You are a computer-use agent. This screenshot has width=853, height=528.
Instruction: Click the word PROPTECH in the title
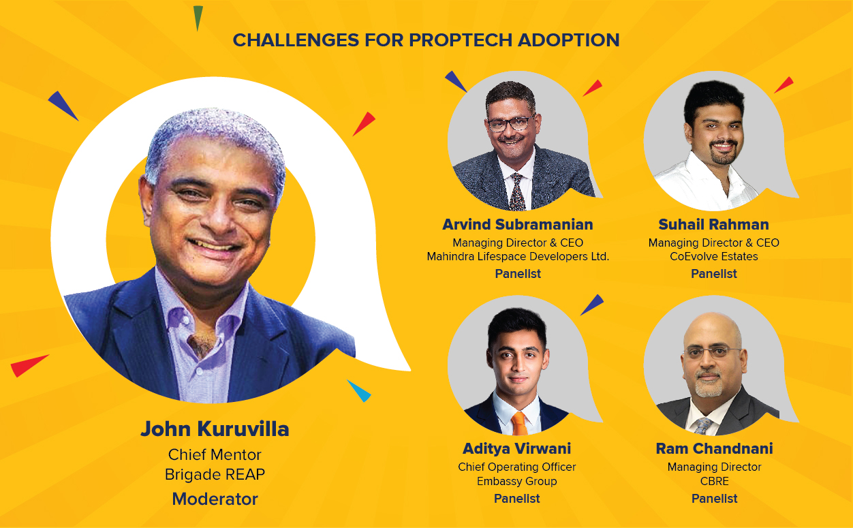(x=460, y=40)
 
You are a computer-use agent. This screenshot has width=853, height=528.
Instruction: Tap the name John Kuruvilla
(x=215, y=429)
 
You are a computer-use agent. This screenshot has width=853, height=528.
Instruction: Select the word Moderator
(x=215, y=499)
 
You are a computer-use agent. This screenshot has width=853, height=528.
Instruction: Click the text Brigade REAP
(x=215, y=474)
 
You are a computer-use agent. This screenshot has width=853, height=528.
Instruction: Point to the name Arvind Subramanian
(x=518, y=224)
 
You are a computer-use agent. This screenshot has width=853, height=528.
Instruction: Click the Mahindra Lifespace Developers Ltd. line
(x=518, y=257)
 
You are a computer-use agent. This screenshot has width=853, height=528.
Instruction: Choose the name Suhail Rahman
(x=713, y=224)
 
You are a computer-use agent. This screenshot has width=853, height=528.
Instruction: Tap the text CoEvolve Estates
(x=713, y=257)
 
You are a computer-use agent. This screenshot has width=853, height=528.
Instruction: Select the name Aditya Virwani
(x=516, y=448)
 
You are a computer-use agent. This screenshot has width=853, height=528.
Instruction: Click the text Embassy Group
(x=516, y=481)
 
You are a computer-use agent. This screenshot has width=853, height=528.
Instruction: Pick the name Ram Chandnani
(x=715, y=448)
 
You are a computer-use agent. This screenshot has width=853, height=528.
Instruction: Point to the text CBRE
(x=715, y=481)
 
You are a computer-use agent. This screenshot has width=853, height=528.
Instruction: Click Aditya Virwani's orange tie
(x=518, y=423)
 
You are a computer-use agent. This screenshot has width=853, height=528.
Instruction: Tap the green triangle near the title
(x=198, y=17)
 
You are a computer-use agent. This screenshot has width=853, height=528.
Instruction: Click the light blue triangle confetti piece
(x=360, y=391)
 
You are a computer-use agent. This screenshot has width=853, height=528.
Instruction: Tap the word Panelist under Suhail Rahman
(x=713, y=274)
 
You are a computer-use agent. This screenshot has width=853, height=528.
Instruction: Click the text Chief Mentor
(x=215, y=454)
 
